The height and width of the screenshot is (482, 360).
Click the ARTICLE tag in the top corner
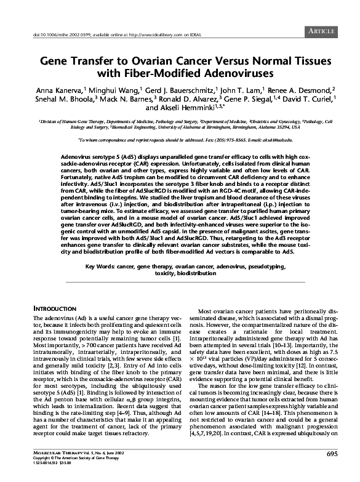point(321,30)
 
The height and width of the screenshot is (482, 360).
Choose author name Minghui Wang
point(127,91)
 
